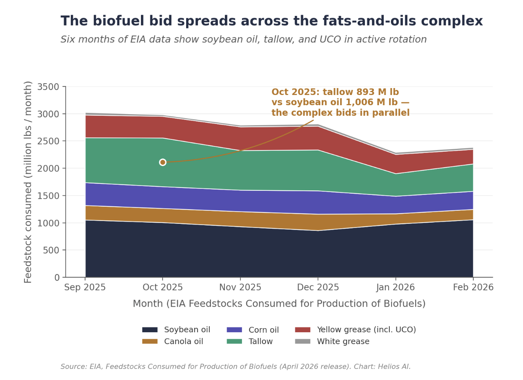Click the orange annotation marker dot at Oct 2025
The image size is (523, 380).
click(x=163, y=162)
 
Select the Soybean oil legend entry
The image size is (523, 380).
click(x=176, y=330)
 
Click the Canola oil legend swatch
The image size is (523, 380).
click(x=150, y=341)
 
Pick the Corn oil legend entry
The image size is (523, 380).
click(x=253, y=330)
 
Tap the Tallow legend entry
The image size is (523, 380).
click(x=250, y=341)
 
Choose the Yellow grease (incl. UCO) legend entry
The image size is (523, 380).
click(x=356, y=330)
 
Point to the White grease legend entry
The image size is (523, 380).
click(x=332, y=341)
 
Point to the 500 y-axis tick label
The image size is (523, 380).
click(x=51, y=250)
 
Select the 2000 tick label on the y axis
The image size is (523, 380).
click(x=48, y=168)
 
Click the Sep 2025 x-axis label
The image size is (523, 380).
click(x=85, y=287)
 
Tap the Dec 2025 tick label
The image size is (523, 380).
click(x=318, y=287)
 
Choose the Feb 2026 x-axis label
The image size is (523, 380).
click(x=473, y=287)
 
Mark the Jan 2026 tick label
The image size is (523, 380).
click(x=396, y=287)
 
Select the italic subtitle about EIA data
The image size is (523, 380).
click(x=244, y=39)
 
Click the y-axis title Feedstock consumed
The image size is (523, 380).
click(x=28, y=182)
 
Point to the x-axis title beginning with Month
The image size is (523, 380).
click(x=279, y=304)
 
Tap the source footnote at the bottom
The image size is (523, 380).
click(x=235, y=367)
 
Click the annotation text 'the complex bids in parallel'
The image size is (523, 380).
click(x=341, y=113)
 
